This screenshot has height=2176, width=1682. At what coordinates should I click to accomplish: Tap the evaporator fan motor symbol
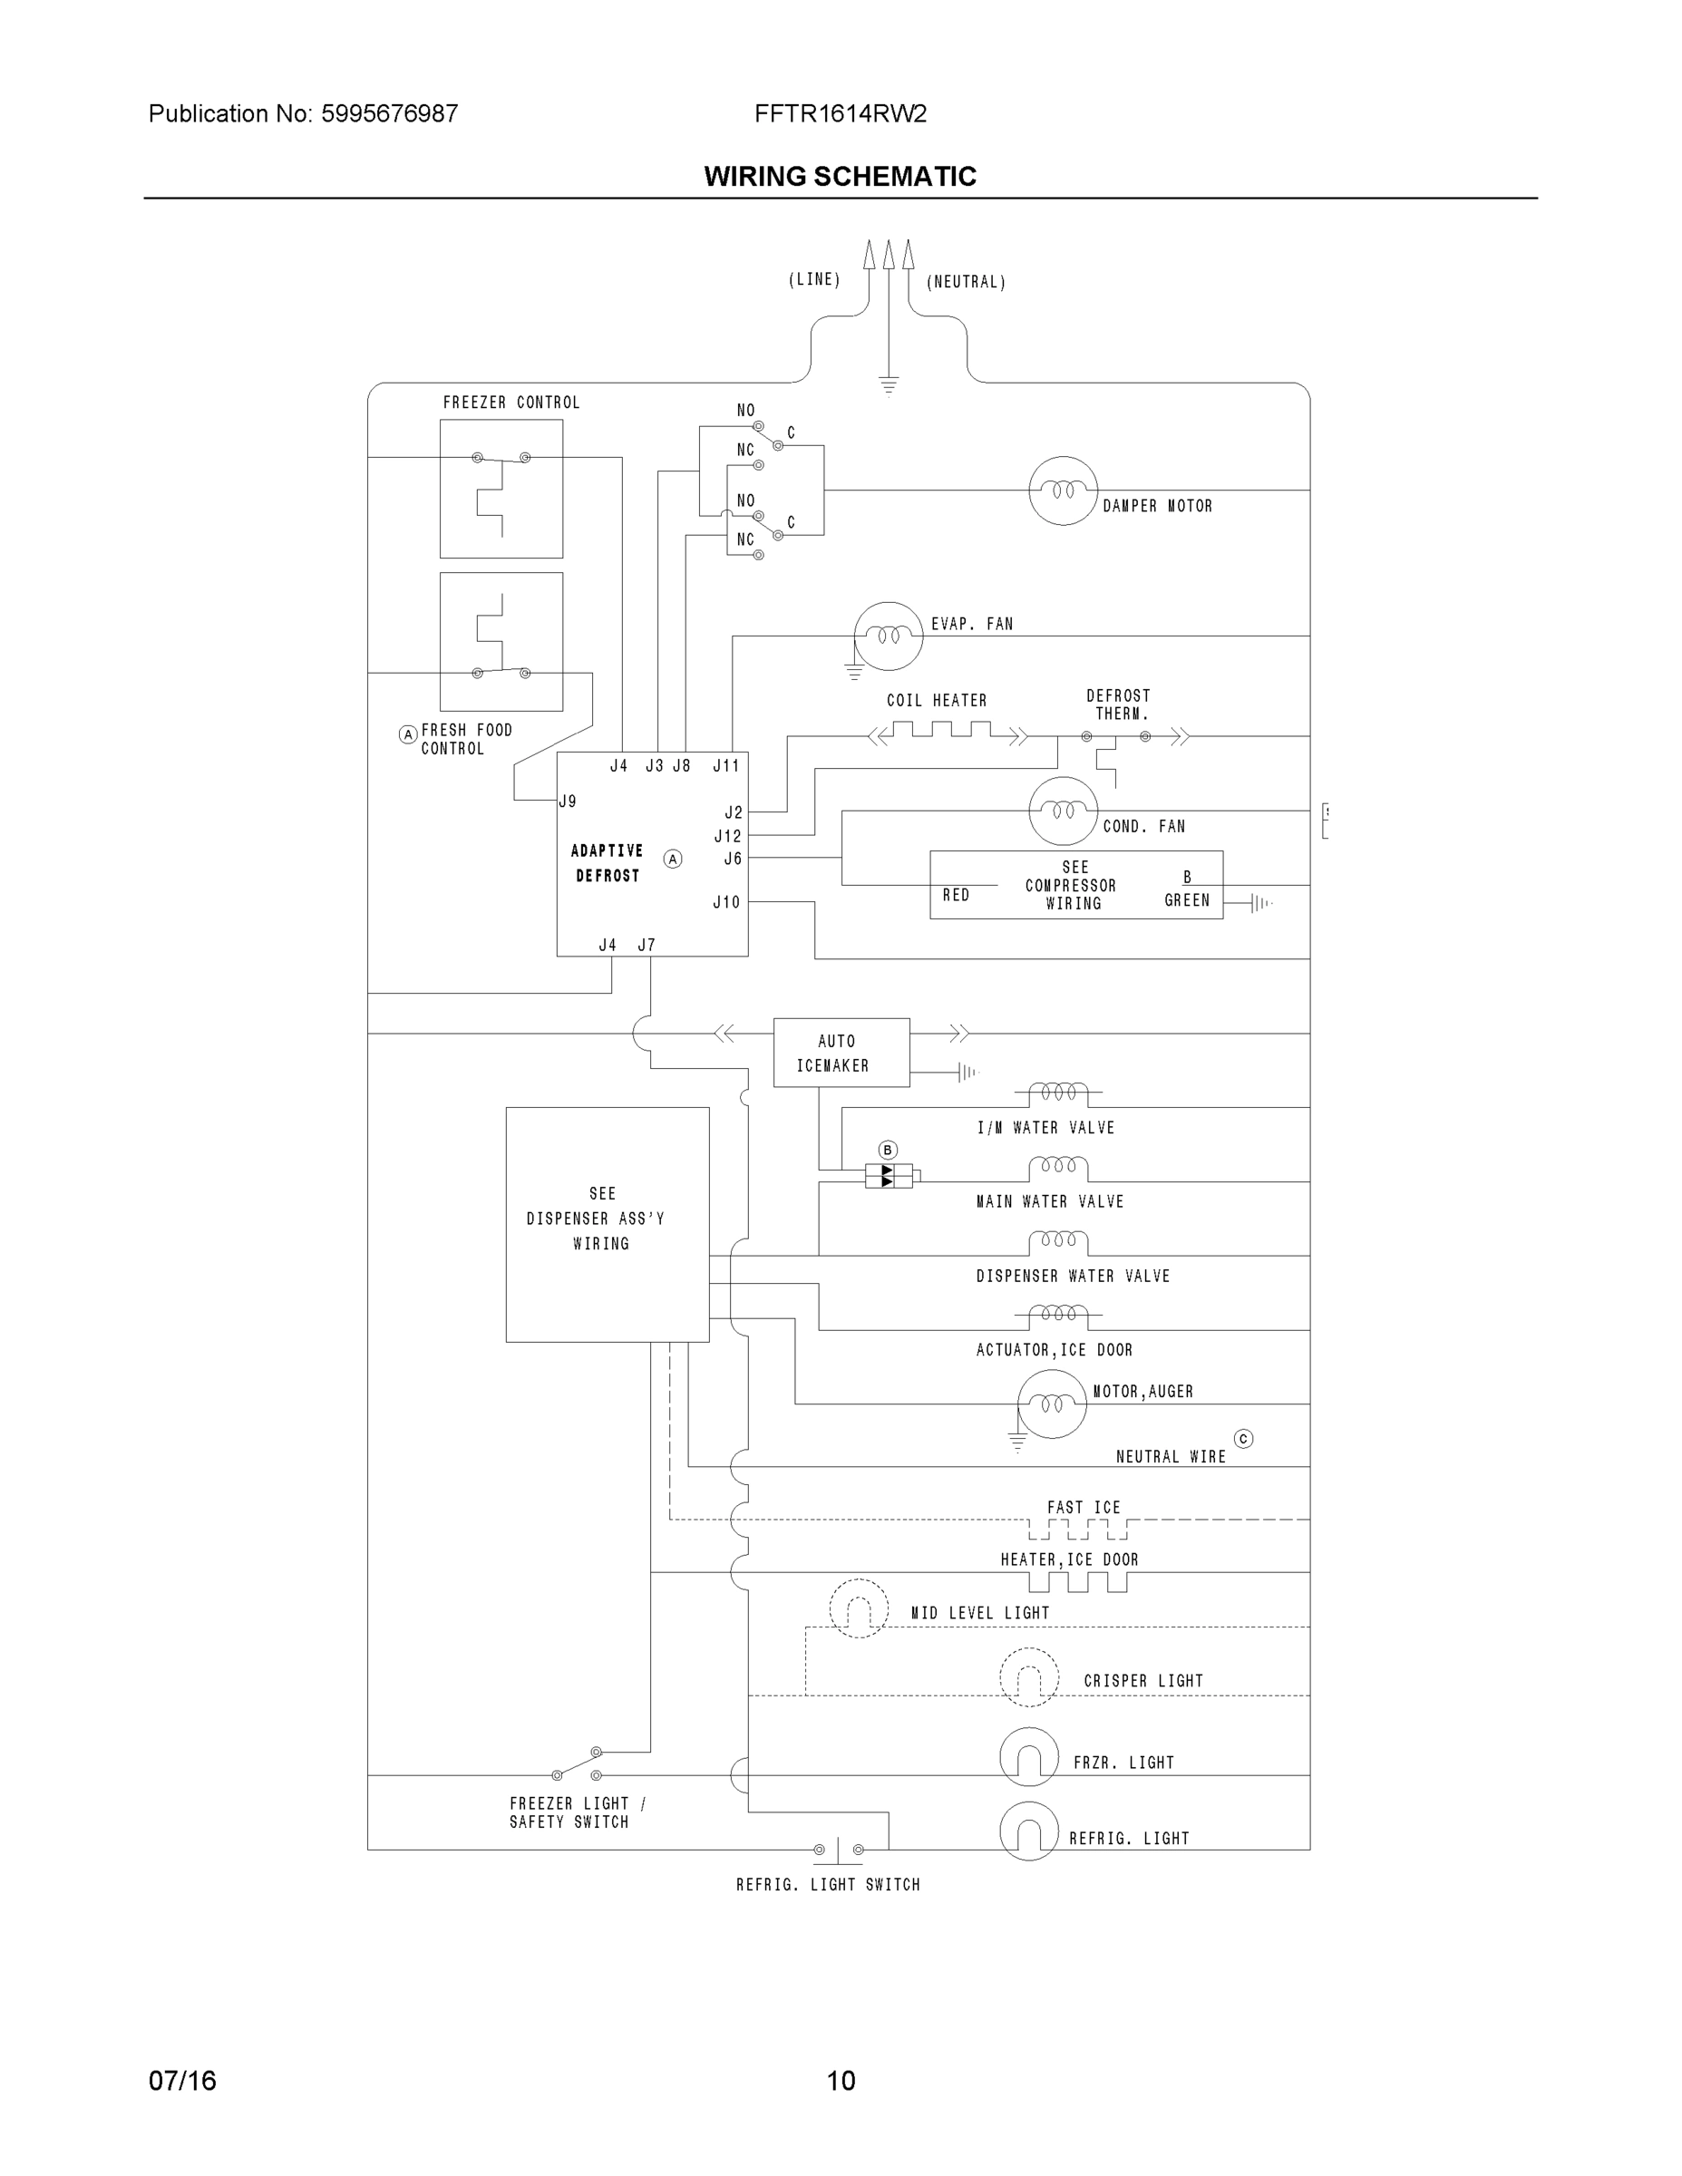(x=888, y=636)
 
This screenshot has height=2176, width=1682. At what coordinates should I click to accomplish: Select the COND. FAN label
(x=1144, y=826)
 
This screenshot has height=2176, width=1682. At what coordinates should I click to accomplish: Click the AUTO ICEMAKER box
(x=841, y=1052)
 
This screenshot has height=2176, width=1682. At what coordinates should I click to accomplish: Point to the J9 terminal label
(x=567, y=801)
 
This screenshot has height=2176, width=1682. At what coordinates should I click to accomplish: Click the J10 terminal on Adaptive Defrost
(x=726, y=902)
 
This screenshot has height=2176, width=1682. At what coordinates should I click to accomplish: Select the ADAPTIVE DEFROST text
(x=607, y=863)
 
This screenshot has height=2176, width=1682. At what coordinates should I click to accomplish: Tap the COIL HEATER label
(x=937, y=701)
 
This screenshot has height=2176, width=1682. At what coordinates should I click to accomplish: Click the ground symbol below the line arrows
(x=889, y=385)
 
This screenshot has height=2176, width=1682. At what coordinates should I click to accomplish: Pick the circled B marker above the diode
(x=888, y=1150)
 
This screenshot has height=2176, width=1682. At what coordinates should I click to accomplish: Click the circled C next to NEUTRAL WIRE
(x=1242, y=1439)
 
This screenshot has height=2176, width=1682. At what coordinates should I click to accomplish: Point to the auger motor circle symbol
(x=1051, y=1404)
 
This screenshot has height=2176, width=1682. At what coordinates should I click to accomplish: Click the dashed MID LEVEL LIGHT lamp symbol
(x=858, y=1608)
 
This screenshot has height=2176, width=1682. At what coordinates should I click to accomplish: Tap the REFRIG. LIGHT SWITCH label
(x=828, y=1884)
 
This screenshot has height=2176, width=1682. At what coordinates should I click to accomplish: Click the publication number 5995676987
(x=389, y=113)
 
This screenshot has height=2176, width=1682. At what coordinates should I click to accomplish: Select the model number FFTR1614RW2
(x=840, y=113)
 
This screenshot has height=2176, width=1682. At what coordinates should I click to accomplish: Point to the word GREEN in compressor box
(x=1187, y=899)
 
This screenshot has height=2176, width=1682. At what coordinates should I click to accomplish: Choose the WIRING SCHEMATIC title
(x=840, y=177)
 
